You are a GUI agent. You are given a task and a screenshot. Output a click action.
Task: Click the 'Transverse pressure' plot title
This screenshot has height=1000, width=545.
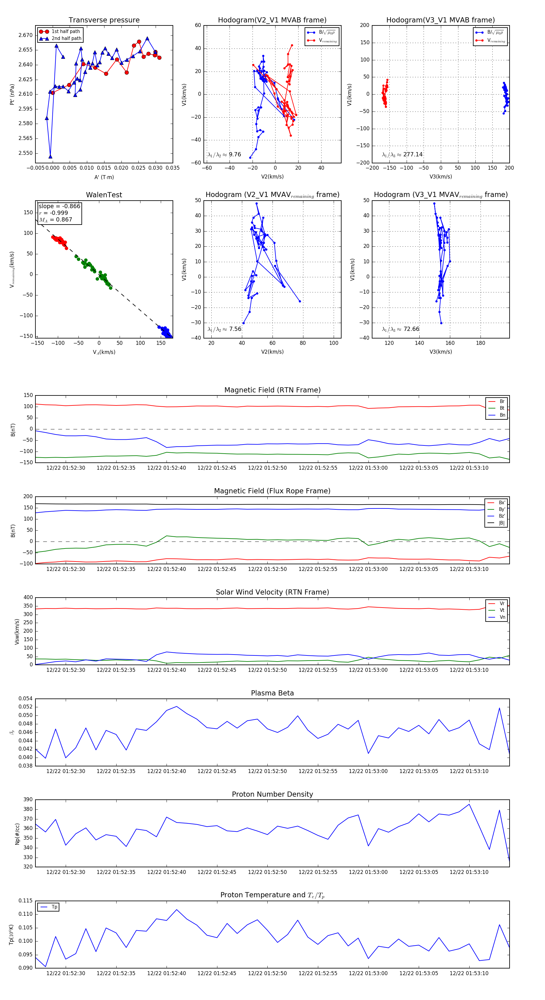click(x=104, y=20)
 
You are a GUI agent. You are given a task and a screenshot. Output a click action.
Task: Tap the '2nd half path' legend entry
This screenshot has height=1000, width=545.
click(x=66, y=38)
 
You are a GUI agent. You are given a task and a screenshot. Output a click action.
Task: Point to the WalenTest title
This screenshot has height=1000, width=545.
click(x=104, y=195)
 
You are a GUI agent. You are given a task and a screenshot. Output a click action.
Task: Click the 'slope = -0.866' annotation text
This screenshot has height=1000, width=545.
click(x=59, y=206)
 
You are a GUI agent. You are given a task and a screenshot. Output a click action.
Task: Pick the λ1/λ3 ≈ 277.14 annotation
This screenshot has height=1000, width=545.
click(x=402, y=155)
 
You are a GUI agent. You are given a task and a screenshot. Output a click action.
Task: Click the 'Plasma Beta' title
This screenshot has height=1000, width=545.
click(x=272, y=693)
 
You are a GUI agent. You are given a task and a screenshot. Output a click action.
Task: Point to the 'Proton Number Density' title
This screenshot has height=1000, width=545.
click(x=272, y=794)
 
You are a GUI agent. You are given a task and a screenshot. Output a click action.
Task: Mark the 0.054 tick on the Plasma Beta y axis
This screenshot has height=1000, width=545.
click(x=26, y=698)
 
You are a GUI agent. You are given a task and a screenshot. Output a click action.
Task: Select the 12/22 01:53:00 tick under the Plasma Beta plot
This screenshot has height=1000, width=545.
click(x=368, y=771)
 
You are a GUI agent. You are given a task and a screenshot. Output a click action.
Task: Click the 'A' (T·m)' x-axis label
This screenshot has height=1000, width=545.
click(x=104, y=177)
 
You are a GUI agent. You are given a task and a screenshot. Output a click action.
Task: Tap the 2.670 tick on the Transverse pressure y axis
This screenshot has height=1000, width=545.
click(x=26, y=35)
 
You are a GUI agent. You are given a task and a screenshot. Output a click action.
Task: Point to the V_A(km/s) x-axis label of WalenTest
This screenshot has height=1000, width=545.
click(x=104, y=352)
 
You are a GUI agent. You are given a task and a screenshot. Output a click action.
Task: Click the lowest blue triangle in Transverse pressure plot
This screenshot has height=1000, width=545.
click(x=51, y=156)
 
